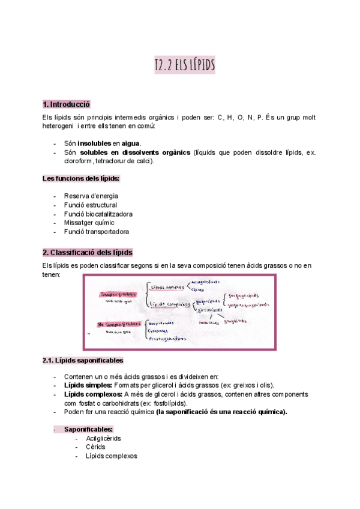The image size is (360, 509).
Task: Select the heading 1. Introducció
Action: [66, 104]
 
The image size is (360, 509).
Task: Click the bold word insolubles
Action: [95, 143]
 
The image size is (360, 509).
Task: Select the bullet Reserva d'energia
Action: [91, 196]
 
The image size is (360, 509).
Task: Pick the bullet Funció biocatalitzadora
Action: [98, 214]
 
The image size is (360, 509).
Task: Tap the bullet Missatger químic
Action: [89, 222]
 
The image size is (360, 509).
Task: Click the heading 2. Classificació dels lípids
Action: [88, 252]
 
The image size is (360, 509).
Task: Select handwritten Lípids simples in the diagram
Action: [167, 287]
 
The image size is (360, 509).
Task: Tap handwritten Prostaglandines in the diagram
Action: [169, 338]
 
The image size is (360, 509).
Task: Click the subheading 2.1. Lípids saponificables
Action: [83, 360]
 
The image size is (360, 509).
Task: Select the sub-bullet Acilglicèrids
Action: [103, 438]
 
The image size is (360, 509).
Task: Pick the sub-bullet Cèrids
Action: [96, 447]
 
